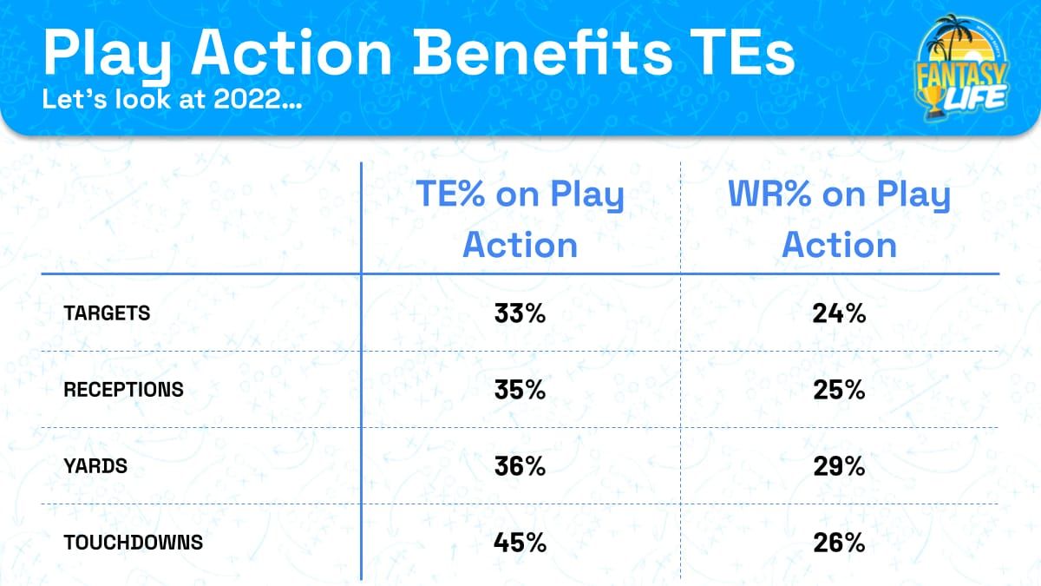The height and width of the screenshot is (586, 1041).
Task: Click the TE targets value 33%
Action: coord(520,314)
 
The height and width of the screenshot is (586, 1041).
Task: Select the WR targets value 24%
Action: coord(839,314)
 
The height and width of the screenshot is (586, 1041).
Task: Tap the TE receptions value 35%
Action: coord(520,390)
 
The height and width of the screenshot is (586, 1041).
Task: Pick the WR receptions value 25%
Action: coord(839,390)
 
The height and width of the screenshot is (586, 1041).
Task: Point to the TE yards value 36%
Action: coord(520,466)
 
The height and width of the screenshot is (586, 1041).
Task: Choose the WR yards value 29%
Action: coord(839,466)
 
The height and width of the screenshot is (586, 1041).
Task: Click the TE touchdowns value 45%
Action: coord(520,543)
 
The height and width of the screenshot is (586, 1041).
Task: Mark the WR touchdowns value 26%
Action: coord(839,543)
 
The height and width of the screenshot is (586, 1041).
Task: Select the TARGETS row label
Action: coord(107,314)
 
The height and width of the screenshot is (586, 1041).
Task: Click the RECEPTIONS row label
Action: coord(123,390)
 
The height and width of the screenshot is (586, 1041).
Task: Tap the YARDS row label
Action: coord(95,466)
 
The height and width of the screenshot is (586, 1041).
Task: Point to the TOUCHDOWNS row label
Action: coord(133,543)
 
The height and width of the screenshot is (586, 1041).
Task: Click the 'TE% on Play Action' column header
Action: coord(520,220)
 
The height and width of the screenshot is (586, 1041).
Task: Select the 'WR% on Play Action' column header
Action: coord(839,220)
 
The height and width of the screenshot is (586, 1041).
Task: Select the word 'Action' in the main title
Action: coord(295,54)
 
